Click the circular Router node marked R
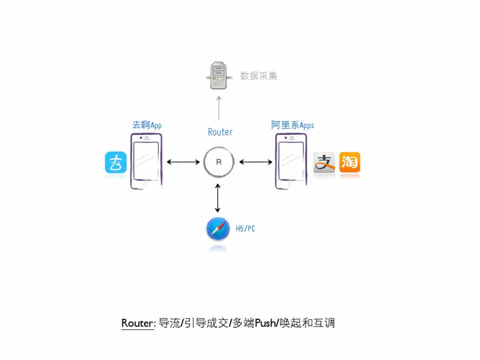[x=219, y=162]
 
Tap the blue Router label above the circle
[x=220, y=132]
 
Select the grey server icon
[x=217, y=75]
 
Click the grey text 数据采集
[x=258, y=76]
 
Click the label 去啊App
[x=147, y=125]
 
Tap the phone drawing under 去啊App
[x=146, y=161]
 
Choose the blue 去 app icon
[x=116, y=162]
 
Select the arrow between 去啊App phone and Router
[x=183, y=162]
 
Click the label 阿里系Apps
[x=292, y=125]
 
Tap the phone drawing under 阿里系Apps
[x=290, y=161]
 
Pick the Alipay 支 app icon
[x=324, y=162]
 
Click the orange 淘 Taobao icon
[x=349, y=162]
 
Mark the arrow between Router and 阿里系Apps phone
[x=256, y=162]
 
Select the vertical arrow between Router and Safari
[x=218, y=198]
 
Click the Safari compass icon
[x=218, y=229]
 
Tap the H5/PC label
[x=245, y=229]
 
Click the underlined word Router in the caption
[x=137, y=323]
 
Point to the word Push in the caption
[x=265, y=323]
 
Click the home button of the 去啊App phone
[x=146, y=184]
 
